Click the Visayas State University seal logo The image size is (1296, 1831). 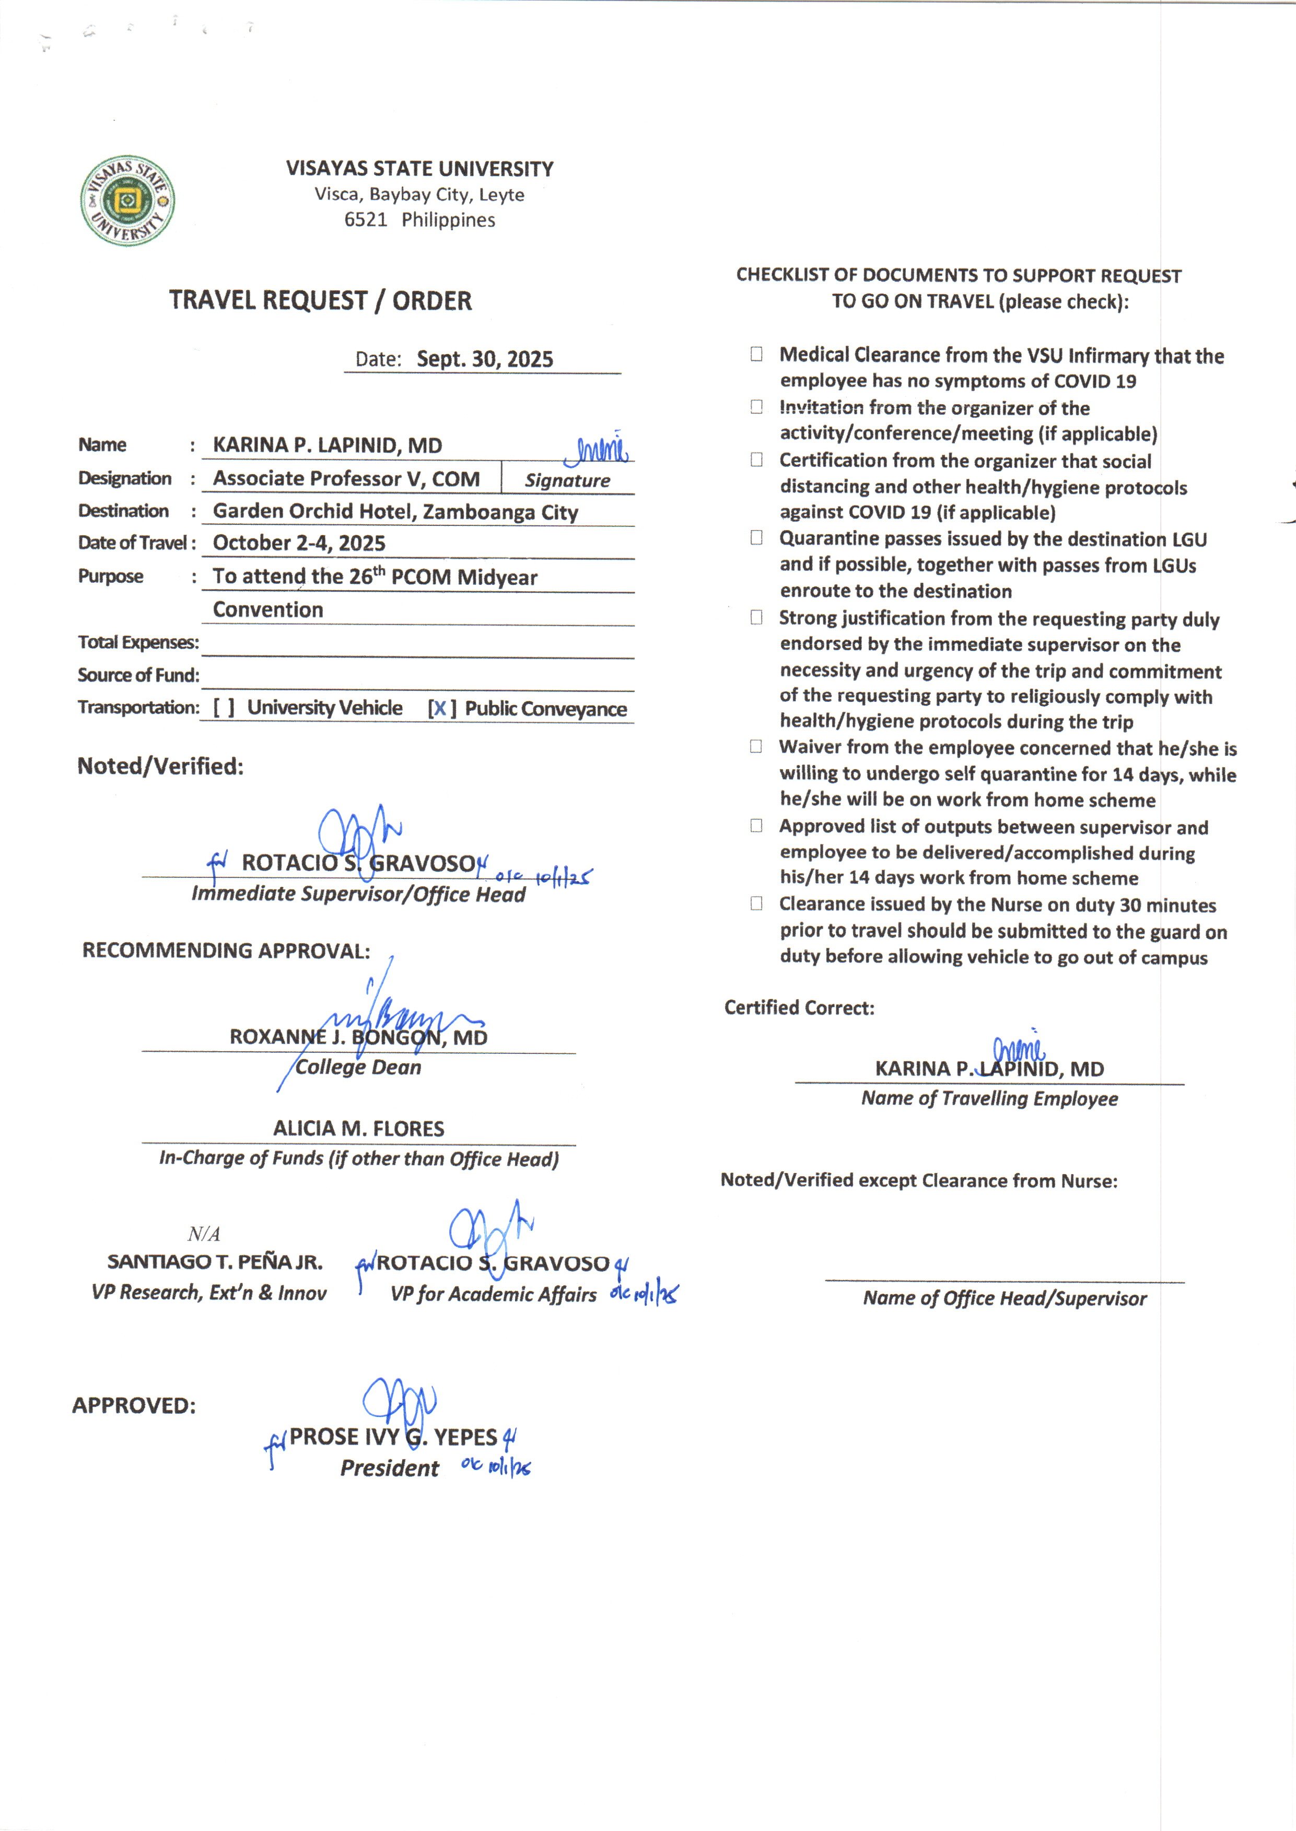pyautogui.click(x=127, y=200)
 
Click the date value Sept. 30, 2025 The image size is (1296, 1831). pyautogui.click(x=484, y=359)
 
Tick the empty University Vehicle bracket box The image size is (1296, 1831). pyautogui.click(x=224, y=708)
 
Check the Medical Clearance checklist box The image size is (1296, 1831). pyautogui.click(x=756, y=354)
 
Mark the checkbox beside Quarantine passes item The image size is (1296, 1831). pyautogui.click(x=756, y=538)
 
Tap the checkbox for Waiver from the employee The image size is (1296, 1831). pyautogui.click(x=756, y=747)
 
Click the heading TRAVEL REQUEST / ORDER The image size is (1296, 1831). pyautogui.click(x=320, y=301)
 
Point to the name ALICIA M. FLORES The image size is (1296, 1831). pyautogui.click(x=358, y=1128)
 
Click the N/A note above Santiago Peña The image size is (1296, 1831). pyautogui.click(x=204, y=1234)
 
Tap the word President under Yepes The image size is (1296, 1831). pyautogui.click(x=390, y=1468)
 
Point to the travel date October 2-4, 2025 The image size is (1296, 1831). pyautogui.click(x=299, y=543)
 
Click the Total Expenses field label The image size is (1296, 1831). pyautogui.click(x=138, y=642)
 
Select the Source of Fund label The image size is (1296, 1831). pyautogui.click(x=138, y=675)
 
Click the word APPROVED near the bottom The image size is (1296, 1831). pyautogui.click(x=134, y=1406)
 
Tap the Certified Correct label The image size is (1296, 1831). pyautogui.click(x=799, y=1007)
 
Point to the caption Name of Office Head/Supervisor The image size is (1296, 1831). pyautogui.click(x=1004, y=1299)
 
